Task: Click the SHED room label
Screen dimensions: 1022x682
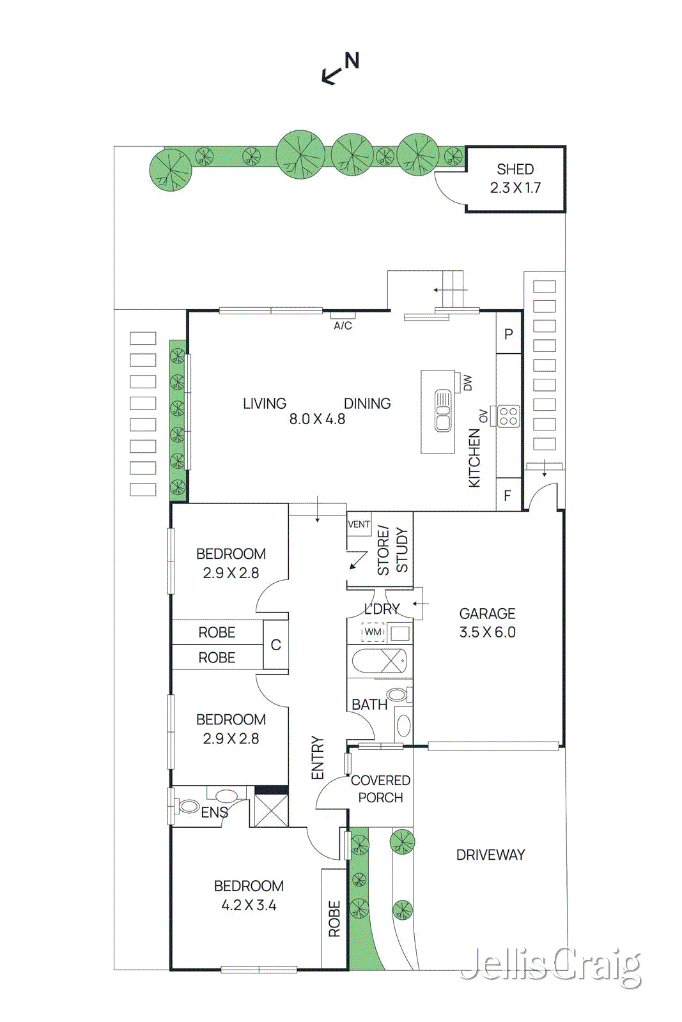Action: point(515,169)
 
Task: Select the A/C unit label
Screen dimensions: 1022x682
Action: point(343,325)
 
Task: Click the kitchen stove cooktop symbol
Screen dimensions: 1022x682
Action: point(508,416)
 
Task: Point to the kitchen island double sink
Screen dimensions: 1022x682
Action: point(443,411)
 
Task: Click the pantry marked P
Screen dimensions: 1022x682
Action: point(509,334)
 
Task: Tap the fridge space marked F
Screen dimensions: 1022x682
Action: point(508,496)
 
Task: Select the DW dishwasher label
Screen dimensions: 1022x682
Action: point(467,383)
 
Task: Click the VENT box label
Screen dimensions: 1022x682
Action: point(359,524)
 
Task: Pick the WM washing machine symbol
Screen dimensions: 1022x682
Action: point(373,632)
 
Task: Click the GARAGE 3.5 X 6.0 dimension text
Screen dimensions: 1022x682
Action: point(487,632)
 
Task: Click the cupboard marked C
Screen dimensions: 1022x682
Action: point(275,644)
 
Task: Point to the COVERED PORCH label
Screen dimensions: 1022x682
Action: point(380,789)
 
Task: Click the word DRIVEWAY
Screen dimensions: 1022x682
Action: point(490,855)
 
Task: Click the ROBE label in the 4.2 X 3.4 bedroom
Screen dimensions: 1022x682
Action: point(334,919)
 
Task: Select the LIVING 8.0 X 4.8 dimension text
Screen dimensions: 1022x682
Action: point(317,419)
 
